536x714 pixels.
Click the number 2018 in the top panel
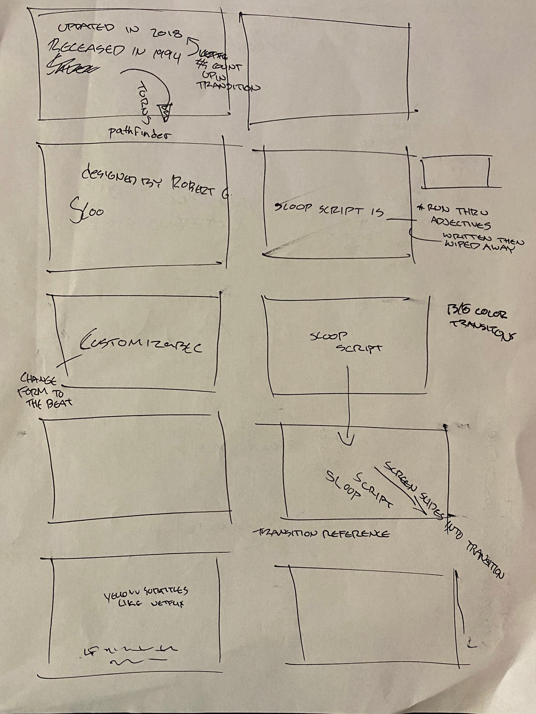coord(166,33)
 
